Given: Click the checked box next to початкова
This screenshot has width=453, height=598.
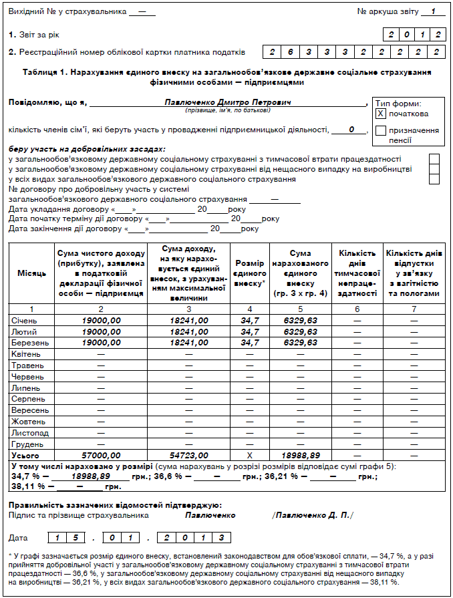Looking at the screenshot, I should click(381, 114).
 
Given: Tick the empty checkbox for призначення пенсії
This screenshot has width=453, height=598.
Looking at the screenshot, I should click(381, 131).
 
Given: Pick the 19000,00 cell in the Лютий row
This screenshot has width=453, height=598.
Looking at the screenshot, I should click(101, 331).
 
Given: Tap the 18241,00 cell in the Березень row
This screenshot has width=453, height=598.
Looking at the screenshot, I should click(188, 342).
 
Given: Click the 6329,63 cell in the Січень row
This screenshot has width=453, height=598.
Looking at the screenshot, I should click(300, 321).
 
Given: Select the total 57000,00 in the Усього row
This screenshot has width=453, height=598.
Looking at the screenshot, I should click(101, 455).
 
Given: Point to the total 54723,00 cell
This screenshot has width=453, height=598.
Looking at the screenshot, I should click(188, 455).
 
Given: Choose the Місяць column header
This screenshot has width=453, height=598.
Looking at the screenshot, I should click(31, 273).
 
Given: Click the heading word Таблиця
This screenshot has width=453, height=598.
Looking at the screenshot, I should click(41, 71).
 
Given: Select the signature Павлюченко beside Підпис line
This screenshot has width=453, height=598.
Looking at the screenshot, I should click(210, 515).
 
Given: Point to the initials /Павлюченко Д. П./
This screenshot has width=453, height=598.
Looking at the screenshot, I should click(312, 515).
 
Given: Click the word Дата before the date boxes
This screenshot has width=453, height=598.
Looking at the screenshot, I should click(19, 537).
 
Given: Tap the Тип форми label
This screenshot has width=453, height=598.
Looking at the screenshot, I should click(398, 104).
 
